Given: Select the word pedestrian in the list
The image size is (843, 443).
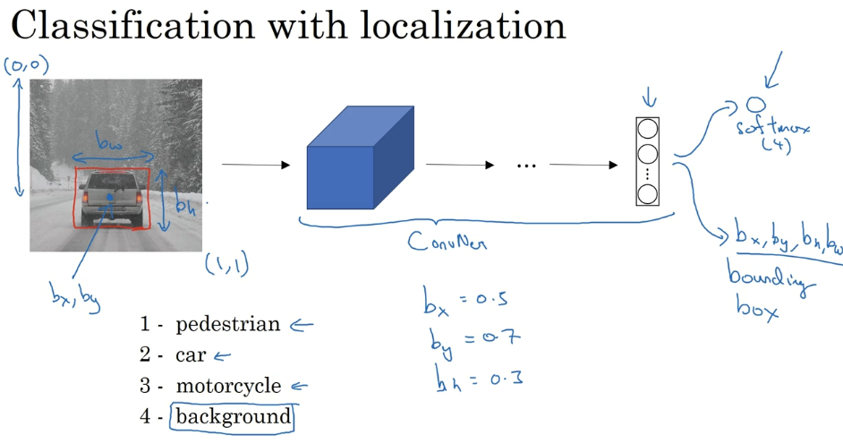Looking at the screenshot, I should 227,324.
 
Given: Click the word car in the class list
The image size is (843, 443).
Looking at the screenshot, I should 191,355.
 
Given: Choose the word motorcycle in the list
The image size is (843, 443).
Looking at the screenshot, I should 228,387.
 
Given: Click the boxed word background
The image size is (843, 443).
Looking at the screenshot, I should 233,416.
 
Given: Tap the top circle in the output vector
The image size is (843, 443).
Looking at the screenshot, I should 646,128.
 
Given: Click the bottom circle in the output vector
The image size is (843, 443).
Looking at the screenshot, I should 646,193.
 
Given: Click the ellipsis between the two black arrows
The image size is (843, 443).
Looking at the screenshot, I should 525,166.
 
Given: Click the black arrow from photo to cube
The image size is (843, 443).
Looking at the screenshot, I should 256,165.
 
